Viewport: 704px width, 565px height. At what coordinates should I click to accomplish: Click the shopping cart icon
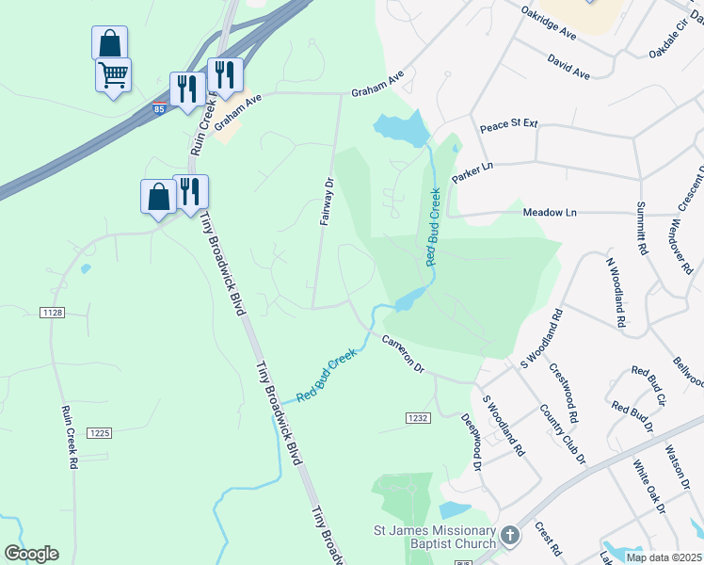pos(113,73)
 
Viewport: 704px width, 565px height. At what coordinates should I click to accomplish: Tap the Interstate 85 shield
pos(160,108)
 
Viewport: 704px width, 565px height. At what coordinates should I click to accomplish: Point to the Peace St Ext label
pos(508,124)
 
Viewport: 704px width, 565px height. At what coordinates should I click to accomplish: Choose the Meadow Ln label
pos(550,213)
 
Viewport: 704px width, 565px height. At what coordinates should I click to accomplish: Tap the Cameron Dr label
pos(404,354)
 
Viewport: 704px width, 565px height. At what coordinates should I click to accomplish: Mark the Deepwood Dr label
pos(472,442)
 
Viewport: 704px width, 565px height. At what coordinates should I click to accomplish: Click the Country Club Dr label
pos(563,432)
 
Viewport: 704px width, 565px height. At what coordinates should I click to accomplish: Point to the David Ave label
pos(569,65)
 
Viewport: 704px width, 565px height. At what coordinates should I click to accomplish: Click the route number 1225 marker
pos(100,432)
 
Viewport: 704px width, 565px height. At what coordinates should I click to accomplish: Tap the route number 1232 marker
pos(418,418)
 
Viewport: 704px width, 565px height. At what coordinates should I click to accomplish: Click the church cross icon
pos(509,536)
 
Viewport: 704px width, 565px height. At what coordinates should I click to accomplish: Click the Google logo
pos(31,554)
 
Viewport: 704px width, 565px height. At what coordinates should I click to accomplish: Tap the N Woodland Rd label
pos(616,293)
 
